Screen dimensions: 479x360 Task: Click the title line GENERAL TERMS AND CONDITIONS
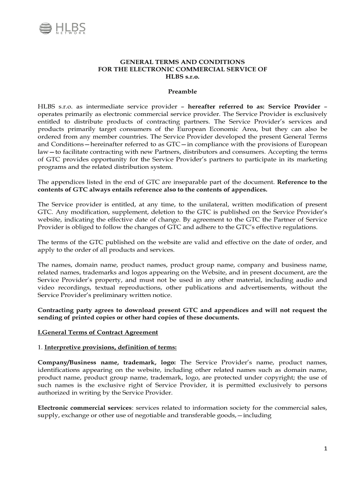182,62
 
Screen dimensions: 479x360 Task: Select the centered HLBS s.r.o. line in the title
182,76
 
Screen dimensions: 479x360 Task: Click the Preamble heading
182,91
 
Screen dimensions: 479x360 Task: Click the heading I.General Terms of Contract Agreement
98,333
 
